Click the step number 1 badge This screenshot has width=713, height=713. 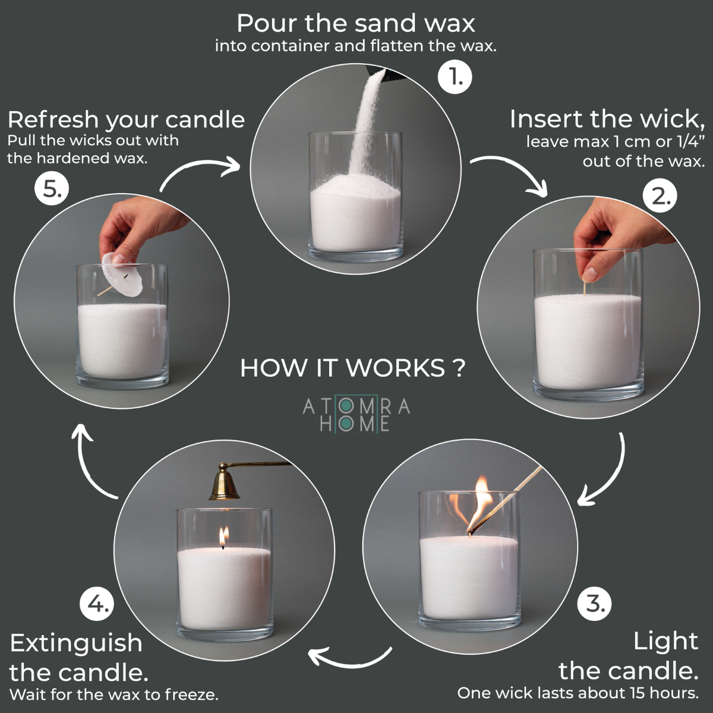(x=455, y=77)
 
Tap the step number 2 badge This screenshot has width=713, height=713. (x=660, y=196)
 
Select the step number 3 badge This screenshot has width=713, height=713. (x=594, y=604)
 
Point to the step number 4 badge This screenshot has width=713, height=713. (x=96, y=604)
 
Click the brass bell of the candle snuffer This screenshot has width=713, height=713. (x=224, y=485)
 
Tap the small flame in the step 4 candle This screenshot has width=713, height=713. (x=223, y=536)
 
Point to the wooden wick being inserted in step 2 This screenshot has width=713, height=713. (x=585, y=288)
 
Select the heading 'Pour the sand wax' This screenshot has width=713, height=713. (x=355, y=23)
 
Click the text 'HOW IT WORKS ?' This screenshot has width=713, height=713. (x=352, y=368)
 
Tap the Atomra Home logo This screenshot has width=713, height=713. (x=356, y=414)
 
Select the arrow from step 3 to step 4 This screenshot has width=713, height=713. (x=351, y=657)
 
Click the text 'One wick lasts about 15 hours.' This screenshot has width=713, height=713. (x=578, y=693)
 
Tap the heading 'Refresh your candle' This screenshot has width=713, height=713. (x=126, y=119)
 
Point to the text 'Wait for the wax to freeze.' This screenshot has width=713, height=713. (x=114, y=694)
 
